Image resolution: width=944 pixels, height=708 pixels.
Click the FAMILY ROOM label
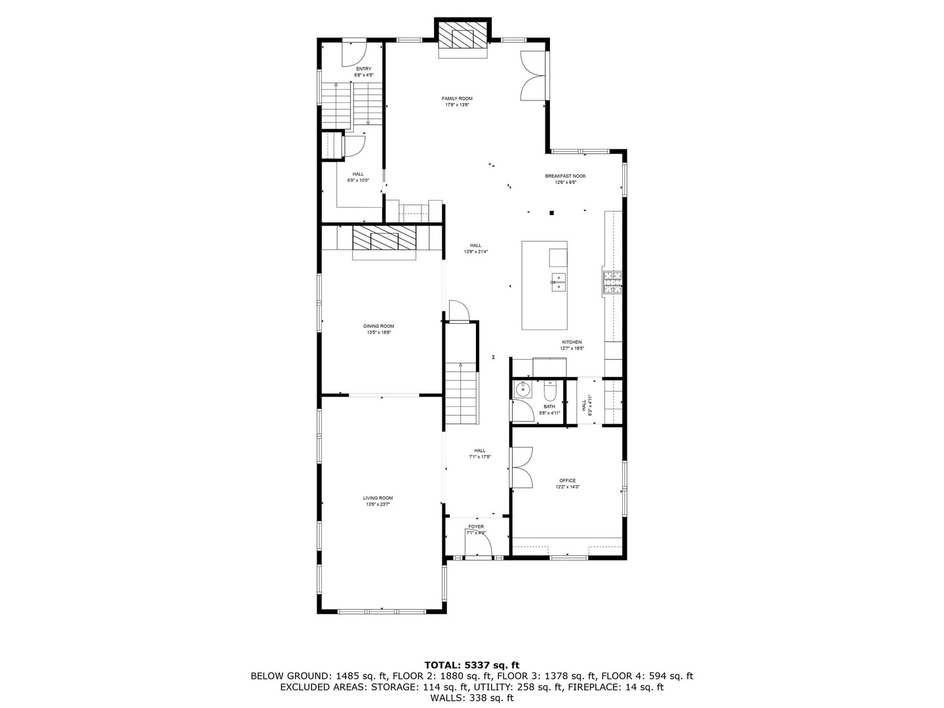click(458, 98)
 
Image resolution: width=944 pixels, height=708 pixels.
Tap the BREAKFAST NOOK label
click(565, 176)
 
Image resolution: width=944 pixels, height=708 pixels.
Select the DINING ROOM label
click(379, 326)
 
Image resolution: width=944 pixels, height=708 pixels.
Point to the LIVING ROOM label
click(378, 498)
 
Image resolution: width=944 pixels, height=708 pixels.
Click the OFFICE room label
click(568, 481)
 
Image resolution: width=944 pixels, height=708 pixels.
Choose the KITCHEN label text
click(571, 342)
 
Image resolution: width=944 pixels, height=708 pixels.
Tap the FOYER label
click(476, 527)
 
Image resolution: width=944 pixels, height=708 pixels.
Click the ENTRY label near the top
click(363, 69)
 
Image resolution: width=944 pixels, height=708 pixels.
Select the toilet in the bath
click(549, 391)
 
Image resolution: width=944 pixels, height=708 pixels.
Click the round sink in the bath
click(522, 389)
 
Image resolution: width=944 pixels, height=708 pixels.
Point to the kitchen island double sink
click(559, 283)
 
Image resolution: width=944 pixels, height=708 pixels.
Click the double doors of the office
click(522, 467)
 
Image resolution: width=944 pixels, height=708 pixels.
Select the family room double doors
click(532, 75)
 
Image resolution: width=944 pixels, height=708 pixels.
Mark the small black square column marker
click(552, 212)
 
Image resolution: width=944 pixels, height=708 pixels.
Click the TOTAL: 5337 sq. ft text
click(471, 665)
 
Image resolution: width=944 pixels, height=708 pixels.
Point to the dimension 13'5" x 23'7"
click(378, 505)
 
